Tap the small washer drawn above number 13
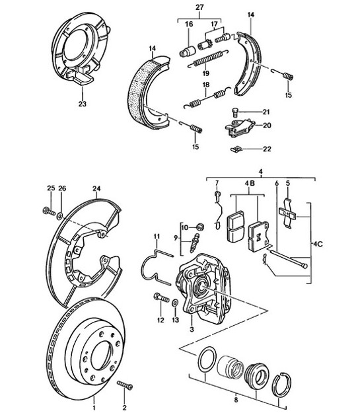(176, 303)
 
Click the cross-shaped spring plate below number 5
(289, 213)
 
